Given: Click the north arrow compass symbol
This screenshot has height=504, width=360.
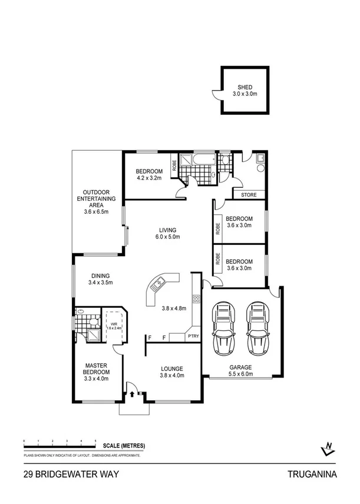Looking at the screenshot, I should pyautogui.click(x=328, y=449).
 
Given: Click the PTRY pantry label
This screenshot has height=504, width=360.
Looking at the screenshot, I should pyautogui.click(x=193, y=336).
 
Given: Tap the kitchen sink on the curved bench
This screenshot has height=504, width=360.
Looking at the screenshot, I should pyautogui.click(x=158, y=286).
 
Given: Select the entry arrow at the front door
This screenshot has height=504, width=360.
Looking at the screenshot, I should pyautogui.click(x=133, y=394).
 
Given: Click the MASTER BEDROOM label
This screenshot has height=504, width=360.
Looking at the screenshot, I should pyautogui.click(x=97, y=369).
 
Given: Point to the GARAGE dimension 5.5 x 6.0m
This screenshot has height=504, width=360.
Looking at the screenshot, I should pyautogui.click(x=240, y=373).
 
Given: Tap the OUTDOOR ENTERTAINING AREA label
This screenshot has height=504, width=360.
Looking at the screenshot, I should pyautogui.click(x=97, y=198).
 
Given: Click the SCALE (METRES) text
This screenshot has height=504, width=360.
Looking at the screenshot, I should pyautogui.click(x=124, y=446).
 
